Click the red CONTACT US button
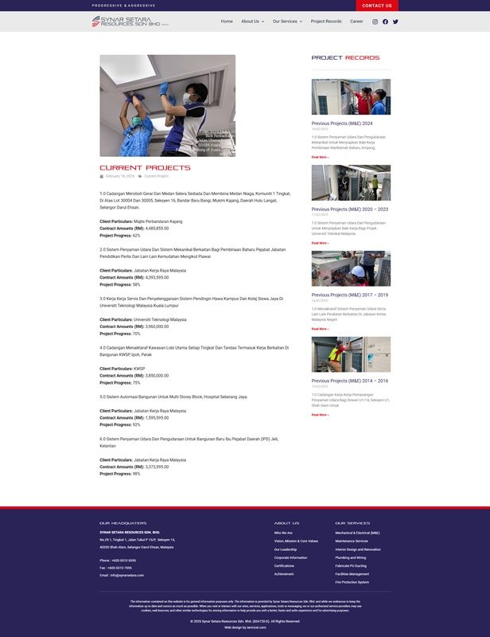pos(377,6)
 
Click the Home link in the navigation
pos(227,21)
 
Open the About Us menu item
pos(252,21)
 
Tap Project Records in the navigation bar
pos(326,21)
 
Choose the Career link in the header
pos(356,21)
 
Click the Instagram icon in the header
pos(375,21)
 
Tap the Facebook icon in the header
pos(386,21)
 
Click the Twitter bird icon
pos(395,21)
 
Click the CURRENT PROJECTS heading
pos(145,168)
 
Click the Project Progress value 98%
pos(136,474)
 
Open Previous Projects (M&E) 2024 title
pos(342,123)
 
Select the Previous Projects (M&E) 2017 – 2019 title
pos(350,295)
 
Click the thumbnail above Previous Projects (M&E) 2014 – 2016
pos(351,354)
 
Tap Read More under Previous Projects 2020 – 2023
pos(320,243)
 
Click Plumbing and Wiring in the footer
pos(351,557)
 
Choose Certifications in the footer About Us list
pos(285,565)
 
